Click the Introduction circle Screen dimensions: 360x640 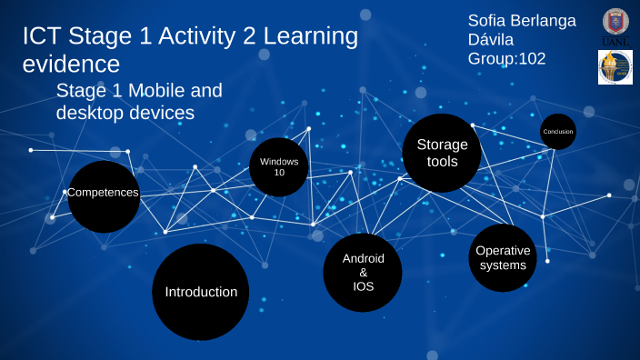click(x=200, y=292)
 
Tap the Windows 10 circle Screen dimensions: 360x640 click(x=279, y=167)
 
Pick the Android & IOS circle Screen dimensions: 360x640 click(x=363, y=273)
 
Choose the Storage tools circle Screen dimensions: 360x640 click(x=442, y=153)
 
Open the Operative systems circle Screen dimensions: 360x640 click(x=502, y=258)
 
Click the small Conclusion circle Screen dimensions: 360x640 click(x=558, y=132)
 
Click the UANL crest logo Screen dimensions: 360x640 click(x=615, y=27)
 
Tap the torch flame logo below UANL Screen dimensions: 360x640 click(x=615, y=68)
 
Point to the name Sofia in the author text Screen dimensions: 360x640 click(x=488, y=20)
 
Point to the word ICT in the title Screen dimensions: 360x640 click(x=41, y=36)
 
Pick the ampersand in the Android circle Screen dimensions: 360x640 click(x=364, y=273)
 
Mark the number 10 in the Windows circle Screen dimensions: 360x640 click(x=279, y=172)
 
